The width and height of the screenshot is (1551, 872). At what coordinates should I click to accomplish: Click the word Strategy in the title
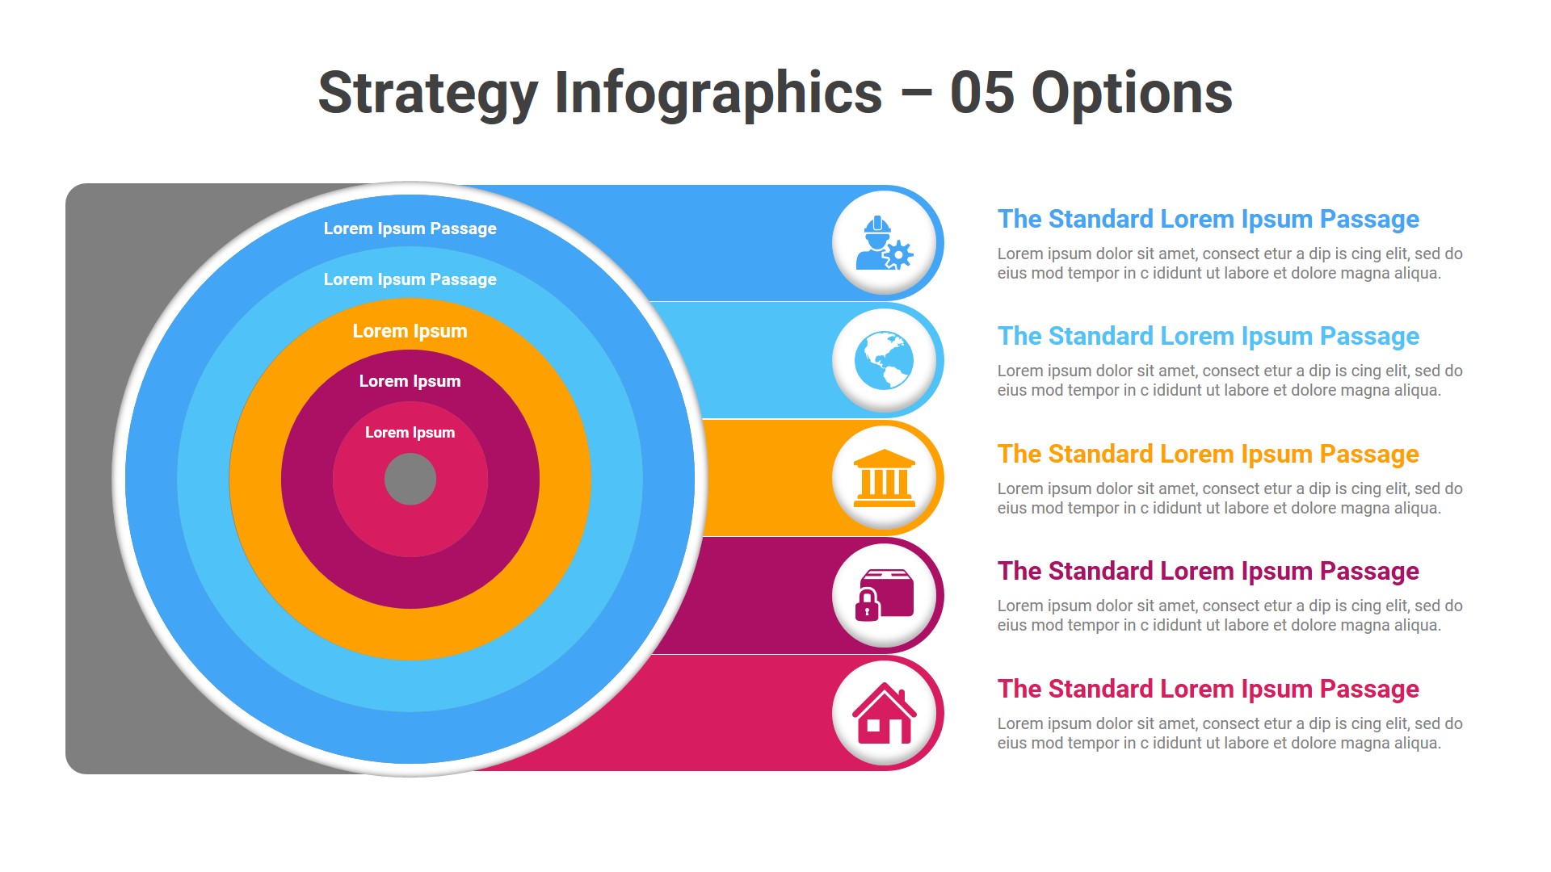coord(428,94)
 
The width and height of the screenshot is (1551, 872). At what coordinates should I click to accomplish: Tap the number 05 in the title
coord(981,93)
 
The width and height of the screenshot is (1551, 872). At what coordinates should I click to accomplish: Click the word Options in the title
coord(1132,93)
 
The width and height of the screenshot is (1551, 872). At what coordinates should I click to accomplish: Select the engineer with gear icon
coord(884,243)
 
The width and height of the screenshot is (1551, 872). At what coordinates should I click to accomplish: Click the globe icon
coord(884,360)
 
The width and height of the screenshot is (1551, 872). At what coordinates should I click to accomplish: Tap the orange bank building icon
coord(884,478)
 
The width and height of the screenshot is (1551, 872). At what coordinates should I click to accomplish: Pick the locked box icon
coord(884,595)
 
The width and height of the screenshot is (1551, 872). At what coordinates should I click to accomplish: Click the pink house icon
coord(884,713)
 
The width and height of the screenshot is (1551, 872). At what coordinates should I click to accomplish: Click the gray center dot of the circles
coord(410,479)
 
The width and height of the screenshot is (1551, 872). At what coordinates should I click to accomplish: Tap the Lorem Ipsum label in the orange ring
coord(410,331)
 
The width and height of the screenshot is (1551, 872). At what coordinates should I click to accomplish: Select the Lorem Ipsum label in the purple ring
coord(410,381)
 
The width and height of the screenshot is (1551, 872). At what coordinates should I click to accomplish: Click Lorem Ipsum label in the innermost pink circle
coord(410,433)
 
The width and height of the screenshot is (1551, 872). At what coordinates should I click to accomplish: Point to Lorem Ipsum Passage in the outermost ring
coord(410,228)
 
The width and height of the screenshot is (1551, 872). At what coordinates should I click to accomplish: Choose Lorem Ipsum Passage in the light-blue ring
coord(410,279)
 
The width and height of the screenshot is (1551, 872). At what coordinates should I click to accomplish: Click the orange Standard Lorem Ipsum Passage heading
coord(1208,455)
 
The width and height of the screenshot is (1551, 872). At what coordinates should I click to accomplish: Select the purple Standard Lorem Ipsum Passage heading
coord(1208,572)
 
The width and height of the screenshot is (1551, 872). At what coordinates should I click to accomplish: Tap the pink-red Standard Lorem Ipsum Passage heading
coord(1208,690)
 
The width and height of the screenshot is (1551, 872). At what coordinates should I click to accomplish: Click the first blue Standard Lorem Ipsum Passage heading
coord(1208,220)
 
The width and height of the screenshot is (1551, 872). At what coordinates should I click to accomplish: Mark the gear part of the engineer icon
coord(897,255)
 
